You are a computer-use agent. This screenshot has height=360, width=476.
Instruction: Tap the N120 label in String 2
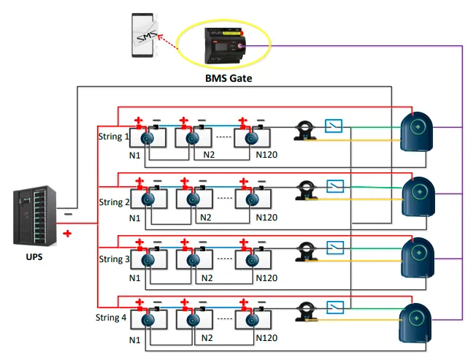point(266,218)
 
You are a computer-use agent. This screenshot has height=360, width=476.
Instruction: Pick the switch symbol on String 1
point(335,126)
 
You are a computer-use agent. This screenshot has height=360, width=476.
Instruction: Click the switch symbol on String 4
point(335,307)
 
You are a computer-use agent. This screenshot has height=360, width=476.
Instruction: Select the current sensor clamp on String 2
point(304,191)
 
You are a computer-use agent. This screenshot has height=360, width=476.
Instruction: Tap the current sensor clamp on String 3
point(304,252)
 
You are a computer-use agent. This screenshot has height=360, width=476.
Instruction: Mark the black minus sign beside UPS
point(68,214)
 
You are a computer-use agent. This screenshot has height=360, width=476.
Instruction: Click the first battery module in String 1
point(147,137)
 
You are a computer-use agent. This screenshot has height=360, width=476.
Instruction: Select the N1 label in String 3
point(135,278)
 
